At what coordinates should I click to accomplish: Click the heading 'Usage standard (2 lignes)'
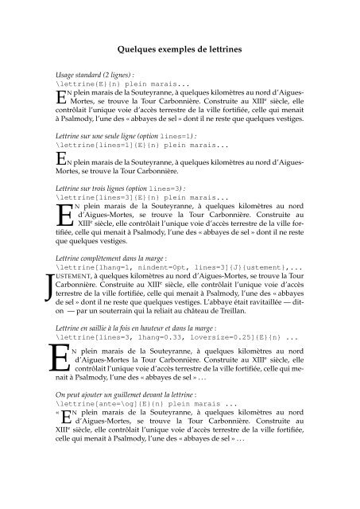92,72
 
